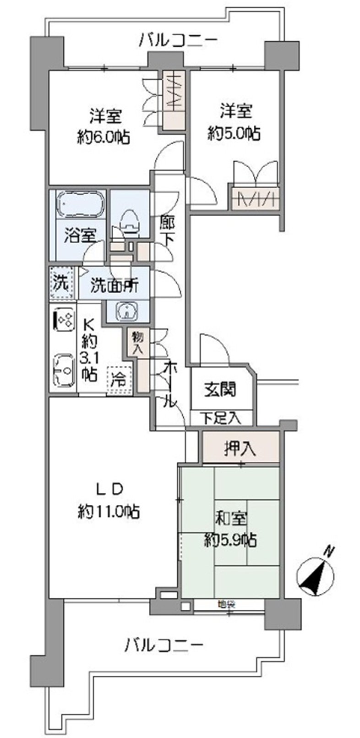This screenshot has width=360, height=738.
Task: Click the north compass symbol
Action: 316,573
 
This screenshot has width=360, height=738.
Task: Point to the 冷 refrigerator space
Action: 119,379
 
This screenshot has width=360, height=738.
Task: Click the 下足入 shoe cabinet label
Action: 221,418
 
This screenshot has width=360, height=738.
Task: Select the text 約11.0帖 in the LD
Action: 109,511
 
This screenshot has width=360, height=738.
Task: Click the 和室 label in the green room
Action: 231,520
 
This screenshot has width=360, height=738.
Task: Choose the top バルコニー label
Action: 178,40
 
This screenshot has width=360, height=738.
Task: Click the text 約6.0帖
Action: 103,136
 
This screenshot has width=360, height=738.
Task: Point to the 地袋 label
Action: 226,604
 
